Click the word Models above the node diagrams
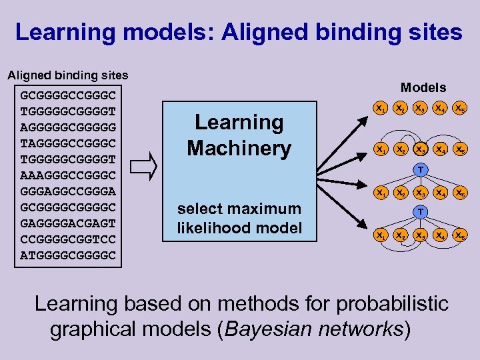pos(423,87)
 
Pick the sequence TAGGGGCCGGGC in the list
pos(68,143)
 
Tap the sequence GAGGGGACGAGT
pos(68,223)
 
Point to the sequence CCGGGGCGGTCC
pos(68,239)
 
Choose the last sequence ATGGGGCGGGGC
pos(68,255)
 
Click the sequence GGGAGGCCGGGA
pos(68,191)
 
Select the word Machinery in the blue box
pos(239,148)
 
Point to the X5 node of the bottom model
pos(459,235)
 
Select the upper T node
pos(420,170)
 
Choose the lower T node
pos(420,212)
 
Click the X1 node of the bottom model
pos(380,235)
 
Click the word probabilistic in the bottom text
pos(392,304)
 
